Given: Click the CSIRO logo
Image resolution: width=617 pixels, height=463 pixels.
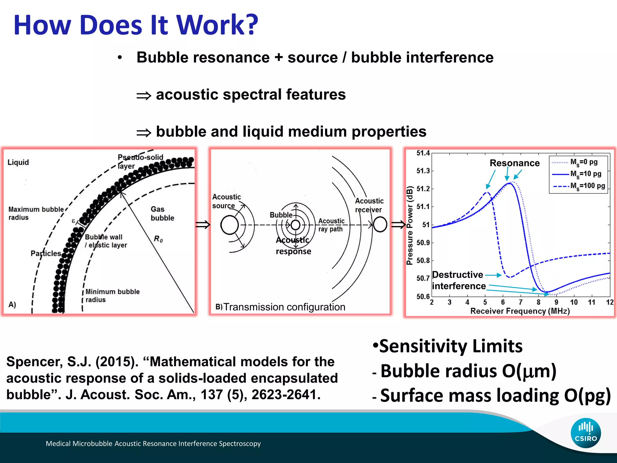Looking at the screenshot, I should click(x=586, y=433).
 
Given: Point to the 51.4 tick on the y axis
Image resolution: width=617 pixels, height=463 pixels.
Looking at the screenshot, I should click(x=423, y=153).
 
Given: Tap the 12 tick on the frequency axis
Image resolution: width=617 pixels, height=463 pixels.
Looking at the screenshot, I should click(x=610, y=302).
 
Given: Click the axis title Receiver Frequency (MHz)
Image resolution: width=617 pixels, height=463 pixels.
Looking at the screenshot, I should click(x=520, y=311).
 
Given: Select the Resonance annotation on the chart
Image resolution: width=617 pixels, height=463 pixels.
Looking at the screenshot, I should click(x=515, y=163).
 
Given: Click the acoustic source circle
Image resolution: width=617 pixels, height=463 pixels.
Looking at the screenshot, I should click(x=230, y=225).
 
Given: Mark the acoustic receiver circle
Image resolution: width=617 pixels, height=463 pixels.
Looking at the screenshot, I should click(x=380, y=225).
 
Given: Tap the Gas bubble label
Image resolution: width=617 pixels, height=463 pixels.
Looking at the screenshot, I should click(x=162, y=213).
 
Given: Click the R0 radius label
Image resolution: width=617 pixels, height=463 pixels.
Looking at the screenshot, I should click(x=158, y=239).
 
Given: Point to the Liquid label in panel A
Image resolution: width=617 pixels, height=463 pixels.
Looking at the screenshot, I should click(x=18, y=162).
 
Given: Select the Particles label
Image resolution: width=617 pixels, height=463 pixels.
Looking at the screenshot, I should click(x=46, y=253).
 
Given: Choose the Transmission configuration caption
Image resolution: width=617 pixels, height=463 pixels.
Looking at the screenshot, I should click(x=284, y=307).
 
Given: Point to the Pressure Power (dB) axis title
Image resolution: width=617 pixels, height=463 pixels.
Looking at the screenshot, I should click(x=409, y=225).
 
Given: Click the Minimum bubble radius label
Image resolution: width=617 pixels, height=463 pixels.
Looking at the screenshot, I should click(x=112, y=296).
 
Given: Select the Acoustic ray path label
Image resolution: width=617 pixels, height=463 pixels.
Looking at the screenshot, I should click(x=331, y=225).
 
